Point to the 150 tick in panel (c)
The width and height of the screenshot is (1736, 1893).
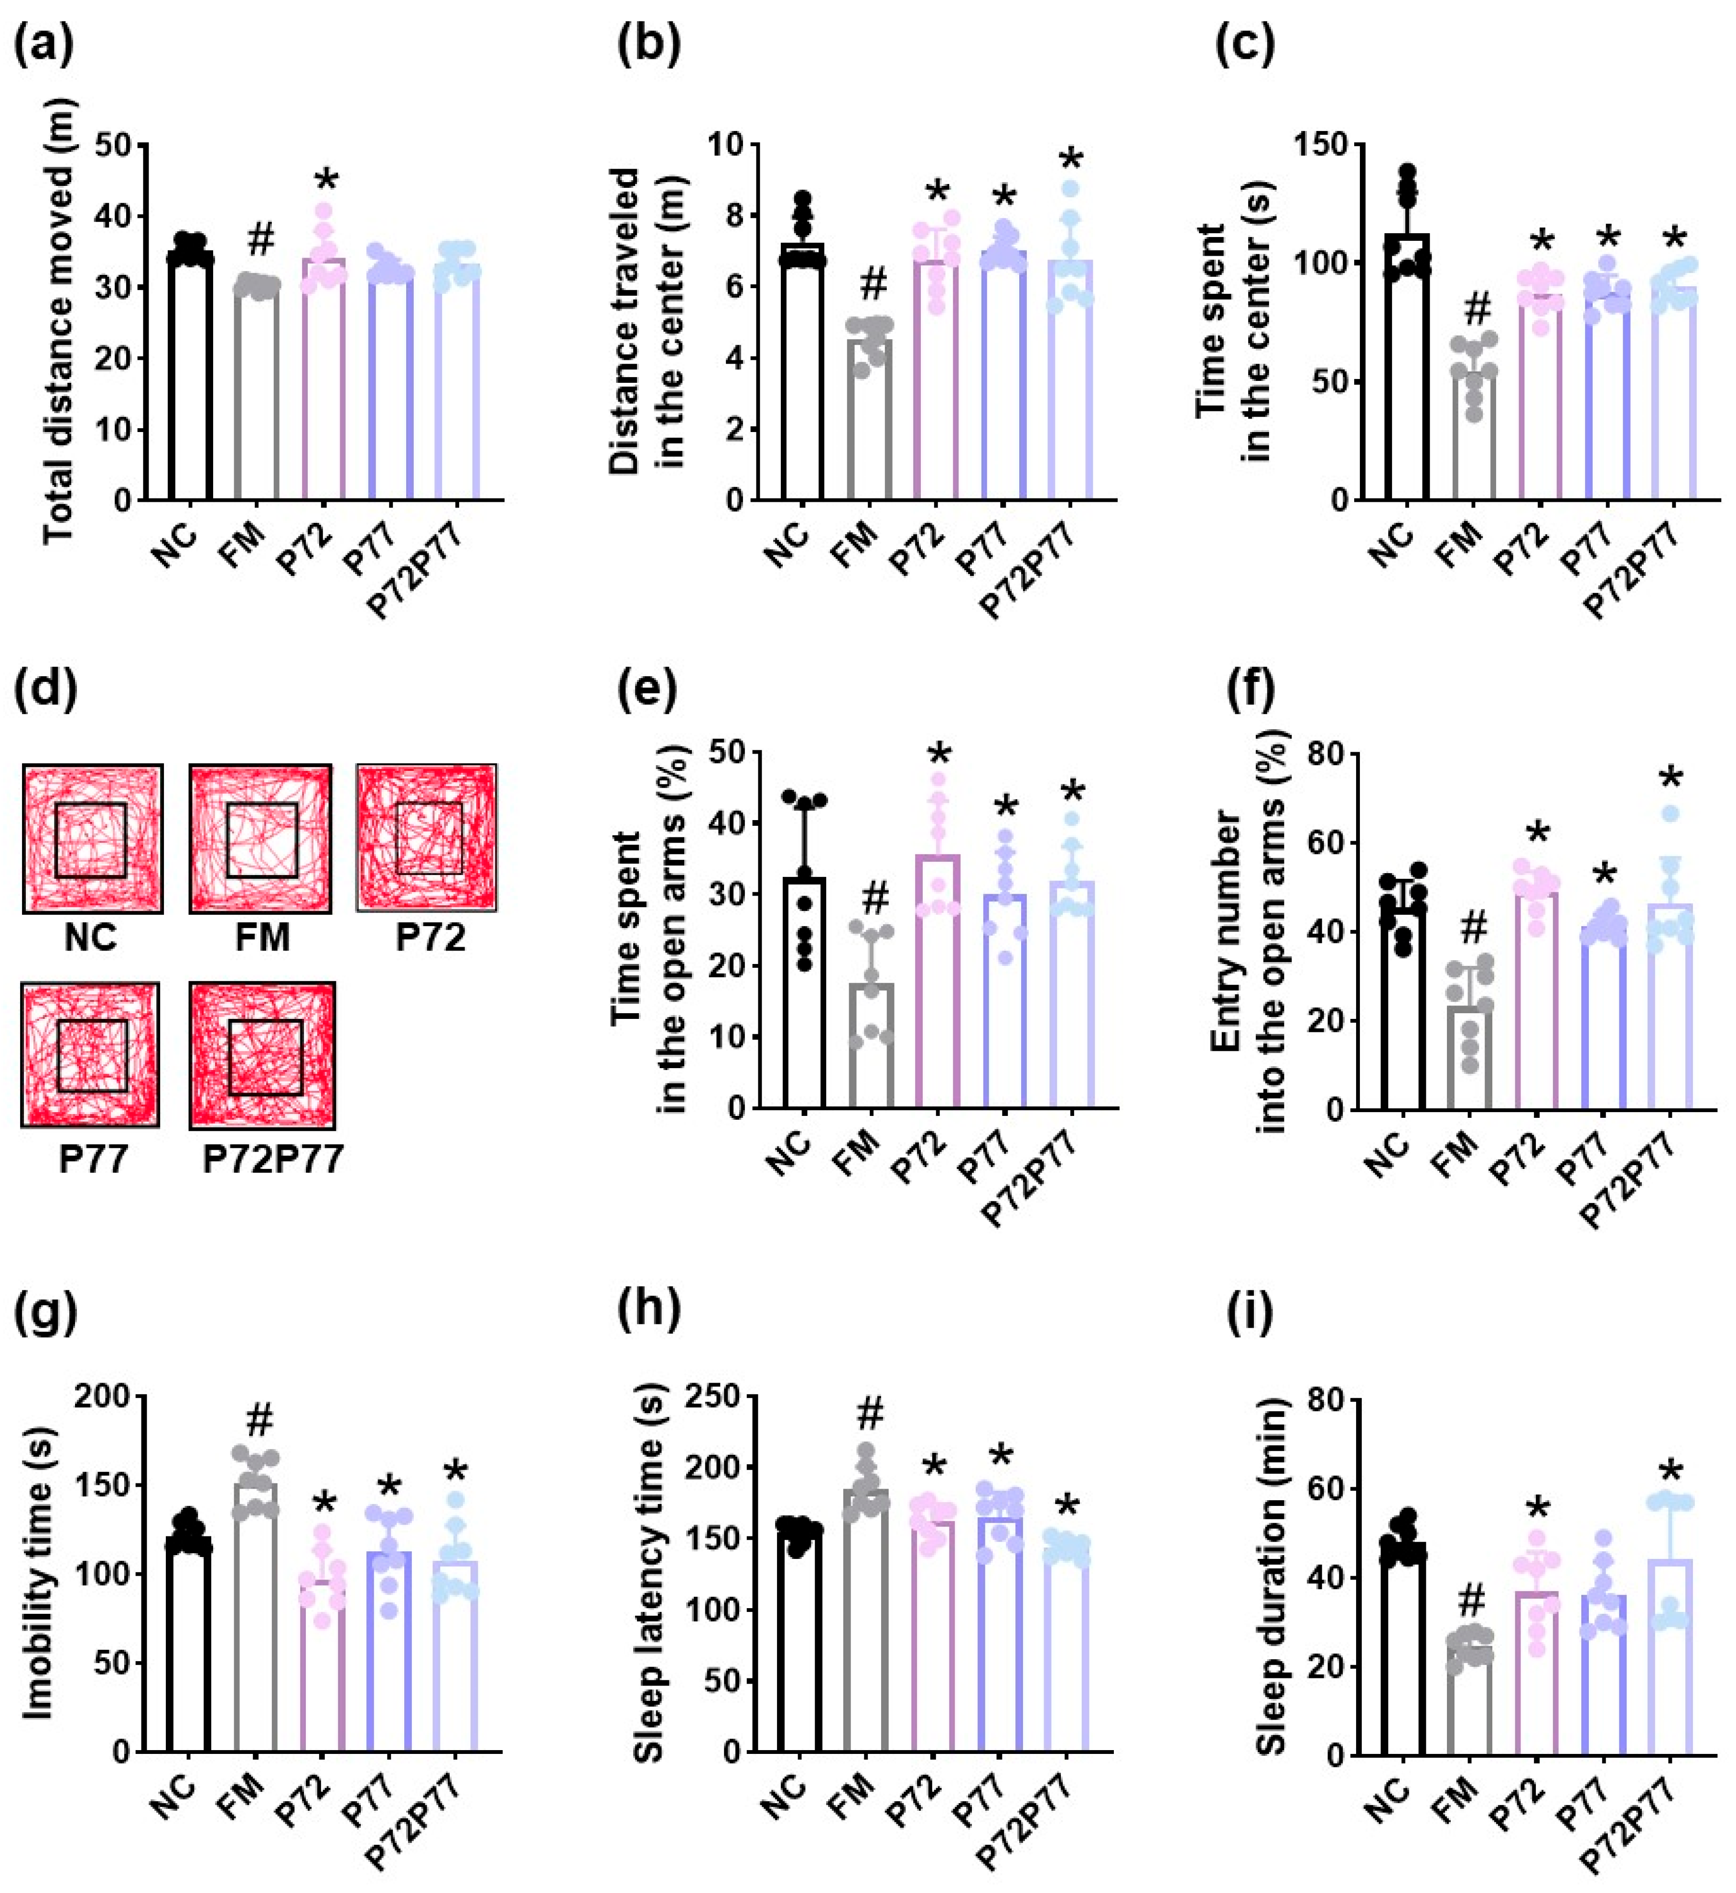(x=1320, y=144)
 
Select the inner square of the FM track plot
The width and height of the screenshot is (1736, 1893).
(x=262, y=839)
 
